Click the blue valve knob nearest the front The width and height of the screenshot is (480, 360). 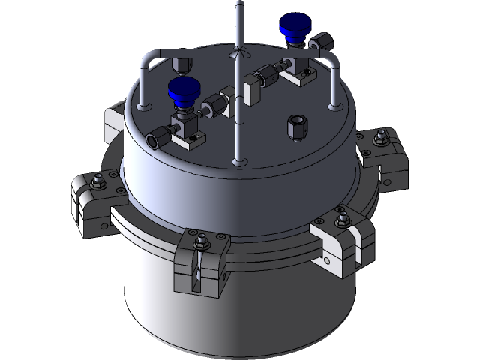(184, 88)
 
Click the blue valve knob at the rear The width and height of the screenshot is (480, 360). (292, 30)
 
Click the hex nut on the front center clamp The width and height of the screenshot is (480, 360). (201, 242)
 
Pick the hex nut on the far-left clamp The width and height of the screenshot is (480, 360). (97, 181)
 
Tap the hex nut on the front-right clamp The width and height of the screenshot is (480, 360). (343, 219)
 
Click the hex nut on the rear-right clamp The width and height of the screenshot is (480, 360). (381, 137)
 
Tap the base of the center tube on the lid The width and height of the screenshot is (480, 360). (238, 160)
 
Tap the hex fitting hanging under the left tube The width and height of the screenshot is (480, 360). (182, 63)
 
